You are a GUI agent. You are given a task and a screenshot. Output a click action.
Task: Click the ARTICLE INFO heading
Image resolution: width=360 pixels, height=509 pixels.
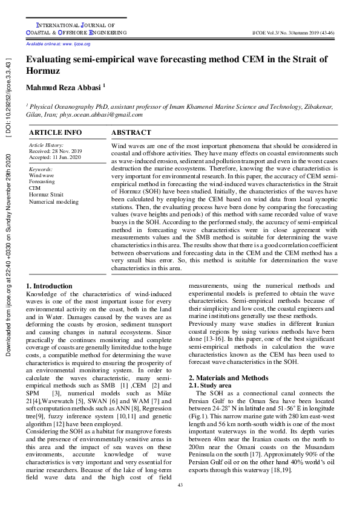[x=56, y=132]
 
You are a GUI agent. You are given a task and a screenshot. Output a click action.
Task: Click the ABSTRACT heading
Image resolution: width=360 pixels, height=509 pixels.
[x=131, y=132]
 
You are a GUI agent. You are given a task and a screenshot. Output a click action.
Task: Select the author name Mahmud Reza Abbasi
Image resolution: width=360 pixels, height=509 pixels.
[x=64, y=88]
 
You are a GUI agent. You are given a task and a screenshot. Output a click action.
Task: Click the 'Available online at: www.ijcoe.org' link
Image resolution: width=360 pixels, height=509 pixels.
[x=58, y=44]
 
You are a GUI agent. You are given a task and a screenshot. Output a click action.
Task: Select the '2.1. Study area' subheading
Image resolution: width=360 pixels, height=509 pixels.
[x=210, y=385]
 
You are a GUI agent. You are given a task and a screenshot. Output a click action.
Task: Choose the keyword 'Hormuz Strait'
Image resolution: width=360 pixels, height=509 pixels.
[x=45, y=195]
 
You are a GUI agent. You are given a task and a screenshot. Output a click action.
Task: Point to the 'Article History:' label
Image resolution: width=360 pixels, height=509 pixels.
[x=46, y=145]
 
